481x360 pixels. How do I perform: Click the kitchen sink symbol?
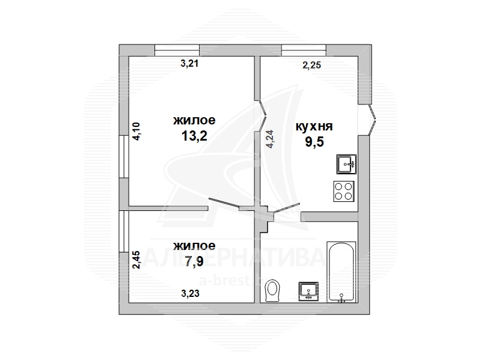346,164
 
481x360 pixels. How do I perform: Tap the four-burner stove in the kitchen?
343,191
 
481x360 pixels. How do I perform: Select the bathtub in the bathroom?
342,272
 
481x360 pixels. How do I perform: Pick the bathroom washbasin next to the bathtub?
308,291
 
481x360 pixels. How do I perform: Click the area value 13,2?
194,136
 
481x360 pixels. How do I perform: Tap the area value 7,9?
194,261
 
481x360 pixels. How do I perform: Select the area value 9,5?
314,142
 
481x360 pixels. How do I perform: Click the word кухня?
314,126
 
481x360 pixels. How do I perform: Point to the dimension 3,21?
189,64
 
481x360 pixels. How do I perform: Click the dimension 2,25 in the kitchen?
311,65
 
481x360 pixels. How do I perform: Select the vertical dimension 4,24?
269,139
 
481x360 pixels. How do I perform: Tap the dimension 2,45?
136,260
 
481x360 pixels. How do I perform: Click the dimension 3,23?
190,293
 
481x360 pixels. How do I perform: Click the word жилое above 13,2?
194,121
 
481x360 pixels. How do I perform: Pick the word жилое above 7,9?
194,246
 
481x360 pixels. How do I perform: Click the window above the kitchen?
304,50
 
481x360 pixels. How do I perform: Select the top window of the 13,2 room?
177,50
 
